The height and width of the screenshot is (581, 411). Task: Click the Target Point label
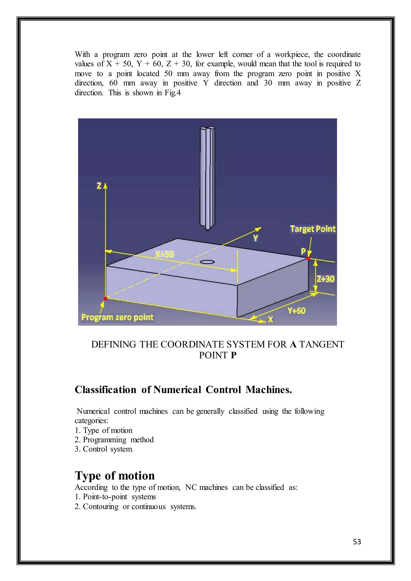coord(313,229)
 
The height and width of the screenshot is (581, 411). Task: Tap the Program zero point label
coord(117,317)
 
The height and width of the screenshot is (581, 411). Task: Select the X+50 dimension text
coord(165,254)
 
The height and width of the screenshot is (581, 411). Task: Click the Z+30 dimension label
coord(326,279)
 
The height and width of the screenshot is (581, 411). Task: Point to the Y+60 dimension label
coord(297,311)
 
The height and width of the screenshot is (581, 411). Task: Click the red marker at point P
coord(308,258)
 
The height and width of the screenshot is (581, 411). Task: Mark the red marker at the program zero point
coord(106,298)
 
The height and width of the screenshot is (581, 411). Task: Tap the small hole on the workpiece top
coord(207,262)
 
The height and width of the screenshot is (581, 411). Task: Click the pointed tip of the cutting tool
coord(207,230)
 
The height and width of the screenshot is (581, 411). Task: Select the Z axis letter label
coord(99,186)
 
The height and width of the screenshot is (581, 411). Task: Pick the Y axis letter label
coord(256,238)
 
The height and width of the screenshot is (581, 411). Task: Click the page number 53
coord(357,542)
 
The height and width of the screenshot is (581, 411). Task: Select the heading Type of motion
coord(115,476)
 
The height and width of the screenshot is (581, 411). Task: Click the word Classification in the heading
coord(105,390)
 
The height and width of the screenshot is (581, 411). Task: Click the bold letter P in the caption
coord(234,355)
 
